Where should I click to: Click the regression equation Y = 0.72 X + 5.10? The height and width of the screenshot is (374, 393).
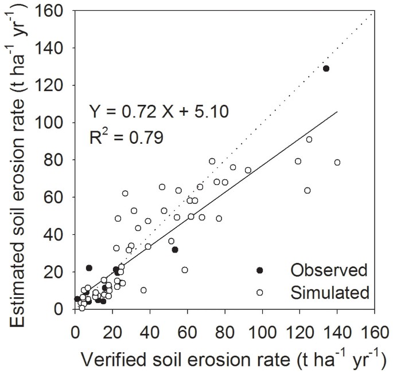tap(159, 110)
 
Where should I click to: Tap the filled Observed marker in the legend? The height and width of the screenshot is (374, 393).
tap(259, 270)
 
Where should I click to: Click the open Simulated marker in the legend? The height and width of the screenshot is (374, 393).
tap(259, 292)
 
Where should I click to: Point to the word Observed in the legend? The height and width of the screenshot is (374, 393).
tap(321, 270)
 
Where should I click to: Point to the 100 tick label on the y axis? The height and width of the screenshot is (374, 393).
tap(55, 123)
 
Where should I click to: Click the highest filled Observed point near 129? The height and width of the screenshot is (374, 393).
tap(326, 69)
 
